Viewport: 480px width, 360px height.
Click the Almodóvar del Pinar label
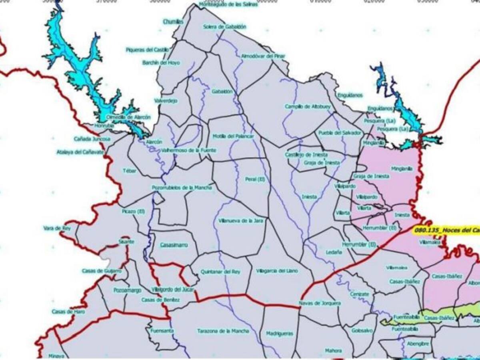pos(263,56)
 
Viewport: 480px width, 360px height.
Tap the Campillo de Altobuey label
pos(303,107)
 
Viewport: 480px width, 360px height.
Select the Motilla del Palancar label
pos(233,136)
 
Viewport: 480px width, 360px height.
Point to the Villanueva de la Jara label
pos(241,220)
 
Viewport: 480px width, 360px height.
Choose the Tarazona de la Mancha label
pos(223,331)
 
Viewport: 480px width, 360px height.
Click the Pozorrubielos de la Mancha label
pos(182,187)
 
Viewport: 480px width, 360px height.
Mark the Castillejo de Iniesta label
pos(306,154)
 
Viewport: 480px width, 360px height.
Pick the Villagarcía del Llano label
pos(277,271)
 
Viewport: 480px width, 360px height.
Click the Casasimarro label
pos(174,245)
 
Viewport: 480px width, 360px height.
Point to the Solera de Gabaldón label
pos(224,27)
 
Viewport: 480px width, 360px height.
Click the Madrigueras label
pos(279,334)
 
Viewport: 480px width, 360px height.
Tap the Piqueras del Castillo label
pos(147,50)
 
